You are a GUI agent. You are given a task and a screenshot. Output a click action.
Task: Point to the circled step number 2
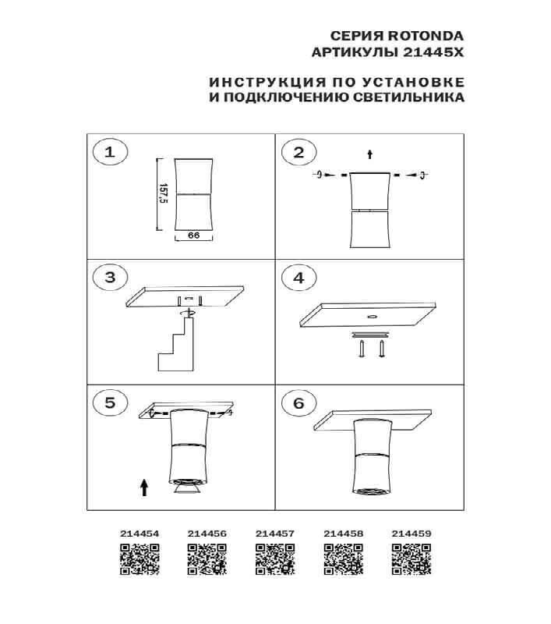(298, 152)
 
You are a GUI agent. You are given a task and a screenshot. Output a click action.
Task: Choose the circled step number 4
(298, 278)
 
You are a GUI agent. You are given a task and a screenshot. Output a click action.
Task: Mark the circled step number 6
(298, 402)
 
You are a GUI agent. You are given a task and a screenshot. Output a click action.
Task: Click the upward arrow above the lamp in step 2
(370, 154)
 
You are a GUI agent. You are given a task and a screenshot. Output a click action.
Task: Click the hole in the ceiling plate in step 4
(371, 317)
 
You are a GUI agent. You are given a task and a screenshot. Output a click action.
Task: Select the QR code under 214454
(140, 559)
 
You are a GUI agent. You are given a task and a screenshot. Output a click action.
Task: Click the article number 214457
(275, 534)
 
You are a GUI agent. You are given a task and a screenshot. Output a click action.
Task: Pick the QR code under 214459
(410, 559)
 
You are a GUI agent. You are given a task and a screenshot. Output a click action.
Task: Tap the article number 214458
(343, 534)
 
